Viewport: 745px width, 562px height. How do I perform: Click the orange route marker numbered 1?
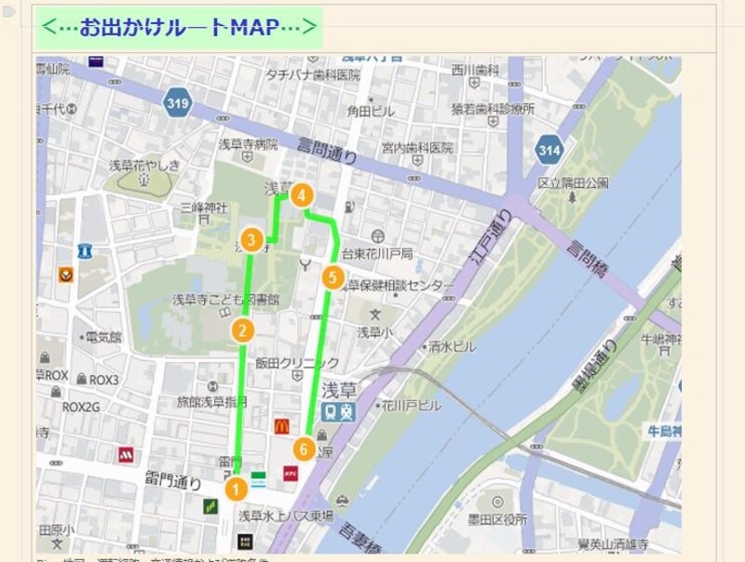pyautogui.click(x=237, y=487)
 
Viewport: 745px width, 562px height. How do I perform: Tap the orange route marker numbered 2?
pyautogui.click(x=242, y=330)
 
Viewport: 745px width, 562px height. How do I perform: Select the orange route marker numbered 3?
pyautogui.click(x=251, y=239)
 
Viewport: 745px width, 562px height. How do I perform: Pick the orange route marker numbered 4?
pyautogui.click(x=301, y=195)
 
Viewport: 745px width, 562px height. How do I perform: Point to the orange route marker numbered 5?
pyautogui.click(x=332, y=277)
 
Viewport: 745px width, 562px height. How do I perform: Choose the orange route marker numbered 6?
pyautogui.click(x=304, y=448)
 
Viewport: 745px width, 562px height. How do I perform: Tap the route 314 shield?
pyautogui.click(x=549, y=149)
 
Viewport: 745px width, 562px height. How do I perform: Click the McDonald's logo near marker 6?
pyautogui.click(x=281, y=426)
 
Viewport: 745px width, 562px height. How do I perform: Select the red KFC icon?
pyautogui.click(x=291, y=475)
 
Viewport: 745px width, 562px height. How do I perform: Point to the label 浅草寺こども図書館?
pyautogui.click(x=226, y=300)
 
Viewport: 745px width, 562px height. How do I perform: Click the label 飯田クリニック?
pyautogui.click(x=297, y=363)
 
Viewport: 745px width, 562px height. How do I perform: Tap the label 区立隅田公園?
pyautogui.click(x=573, y=182)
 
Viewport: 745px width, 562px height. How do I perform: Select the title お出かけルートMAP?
pyautogui.click(x=180, y=28)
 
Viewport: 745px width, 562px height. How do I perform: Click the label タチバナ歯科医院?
pyautogui.click(x=313, y=74)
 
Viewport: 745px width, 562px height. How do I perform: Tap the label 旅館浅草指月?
pyautogui.click(x=212, y=403)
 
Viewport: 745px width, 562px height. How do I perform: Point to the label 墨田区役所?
pyautogui.click(x=496, y=518)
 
